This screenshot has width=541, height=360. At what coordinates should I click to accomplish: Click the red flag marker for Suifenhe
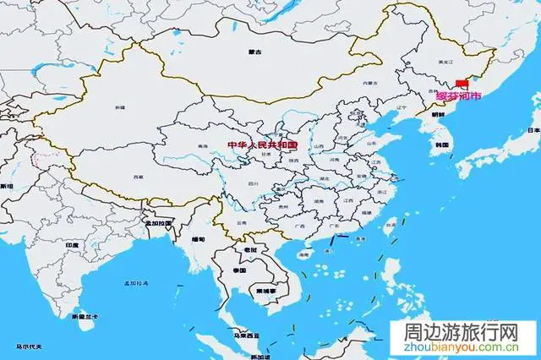(x=461, y=84)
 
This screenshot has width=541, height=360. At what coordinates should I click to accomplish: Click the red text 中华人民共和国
(x=264, y=145)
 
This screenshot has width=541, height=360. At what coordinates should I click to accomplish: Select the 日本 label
(x=533, y=131)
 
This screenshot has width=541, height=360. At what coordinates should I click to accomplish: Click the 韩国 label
(x=440, y=146)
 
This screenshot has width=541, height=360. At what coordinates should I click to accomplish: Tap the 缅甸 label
(x=198, y=238)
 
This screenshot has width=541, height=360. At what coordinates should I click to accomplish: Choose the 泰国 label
(x=240, y=270)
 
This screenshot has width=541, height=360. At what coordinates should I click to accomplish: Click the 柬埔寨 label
(x=257, y=289)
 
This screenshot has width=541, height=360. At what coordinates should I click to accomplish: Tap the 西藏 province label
(x=138, y=177)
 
